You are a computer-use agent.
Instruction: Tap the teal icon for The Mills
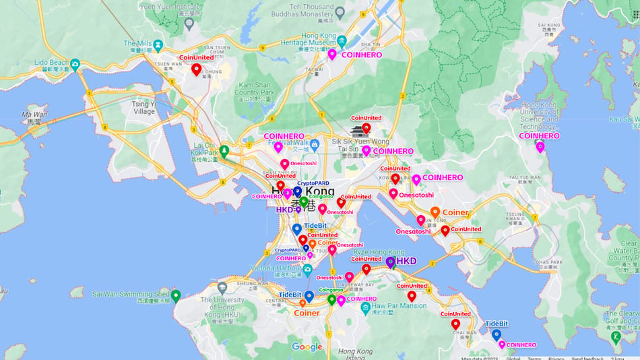[158, 45]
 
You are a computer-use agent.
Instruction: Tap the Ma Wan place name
[34, 118]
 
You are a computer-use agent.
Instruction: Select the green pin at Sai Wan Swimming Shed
[176, 295]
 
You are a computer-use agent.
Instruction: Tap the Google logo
[307, 347]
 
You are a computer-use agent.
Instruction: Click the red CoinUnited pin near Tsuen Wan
[196, 69]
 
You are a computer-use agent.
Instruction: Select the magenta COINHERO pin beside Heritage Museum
[332, 55]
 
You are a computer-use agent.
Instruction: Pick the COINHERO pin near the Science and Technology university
[540, 146]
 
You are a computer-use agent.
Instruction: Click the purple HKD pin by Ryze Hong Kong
[391, 262]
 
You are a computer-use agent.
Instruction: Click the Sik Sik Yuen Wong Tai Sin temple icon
[356, 131]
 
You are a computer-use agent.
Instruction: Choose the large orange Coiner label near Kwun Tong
[455, 212]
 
